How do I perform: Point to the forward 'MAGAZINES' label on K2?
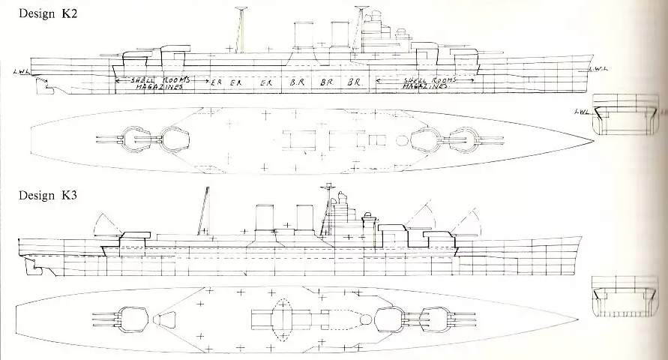(424, 87)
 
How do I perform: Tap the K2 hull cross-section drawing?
(625, 116)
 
